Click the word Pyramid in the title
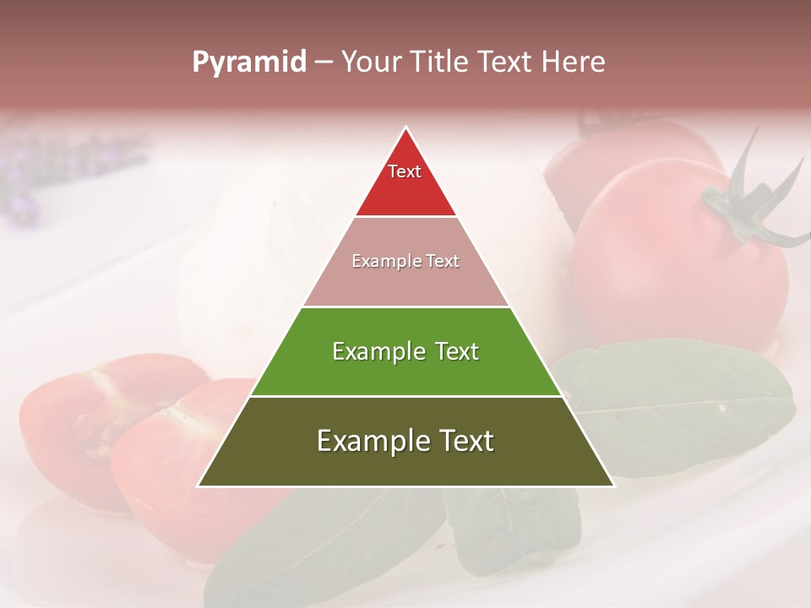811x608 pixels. click(x=249, y=62)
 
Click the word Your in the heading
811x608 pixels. click(x=371, y=62)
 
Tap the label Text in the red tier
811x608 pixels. click(x=405, y=171)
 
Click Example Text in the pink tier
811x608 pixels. click(x=405, y=261)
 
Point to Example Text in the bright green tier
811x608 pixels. click(x=405, y=351)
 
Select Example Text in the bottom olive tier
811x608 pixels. click(x=405, y=441)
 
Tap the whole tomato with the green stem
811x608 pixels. click(x=667, y=262)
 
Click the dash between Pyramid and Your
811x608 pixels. click(x=324, y=62)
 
